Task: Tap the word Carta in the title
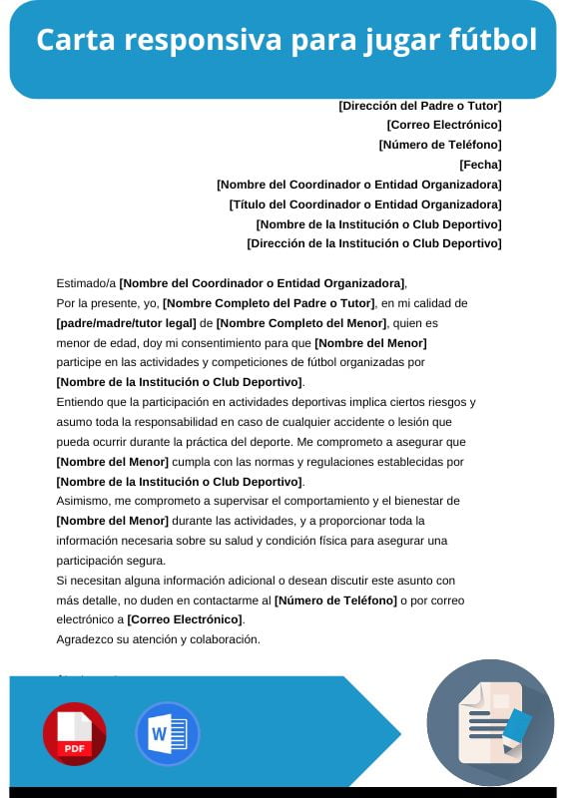(73, 41)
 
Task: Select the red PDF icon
(74, 733)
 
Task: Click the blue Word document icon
(167, 733)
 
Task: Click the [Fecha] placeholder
(480, 164)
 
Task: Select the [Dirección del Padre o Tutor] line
(420, 105)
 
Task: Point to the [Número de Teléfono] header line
(440, 144)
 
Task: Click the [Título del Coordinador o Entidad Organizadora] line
(365, 203)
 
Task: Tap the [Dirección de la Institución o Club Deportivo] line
(374, 242)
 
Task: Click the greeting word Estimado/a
(87, 283)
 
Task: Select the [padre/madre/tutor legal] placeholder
(126, 323)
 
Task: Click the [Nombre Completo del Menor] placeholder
(300, 323)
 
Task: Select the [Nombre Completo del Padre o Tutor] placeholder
(269, 303)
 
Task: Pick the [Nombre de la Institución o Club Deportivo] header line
(378, 223)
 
